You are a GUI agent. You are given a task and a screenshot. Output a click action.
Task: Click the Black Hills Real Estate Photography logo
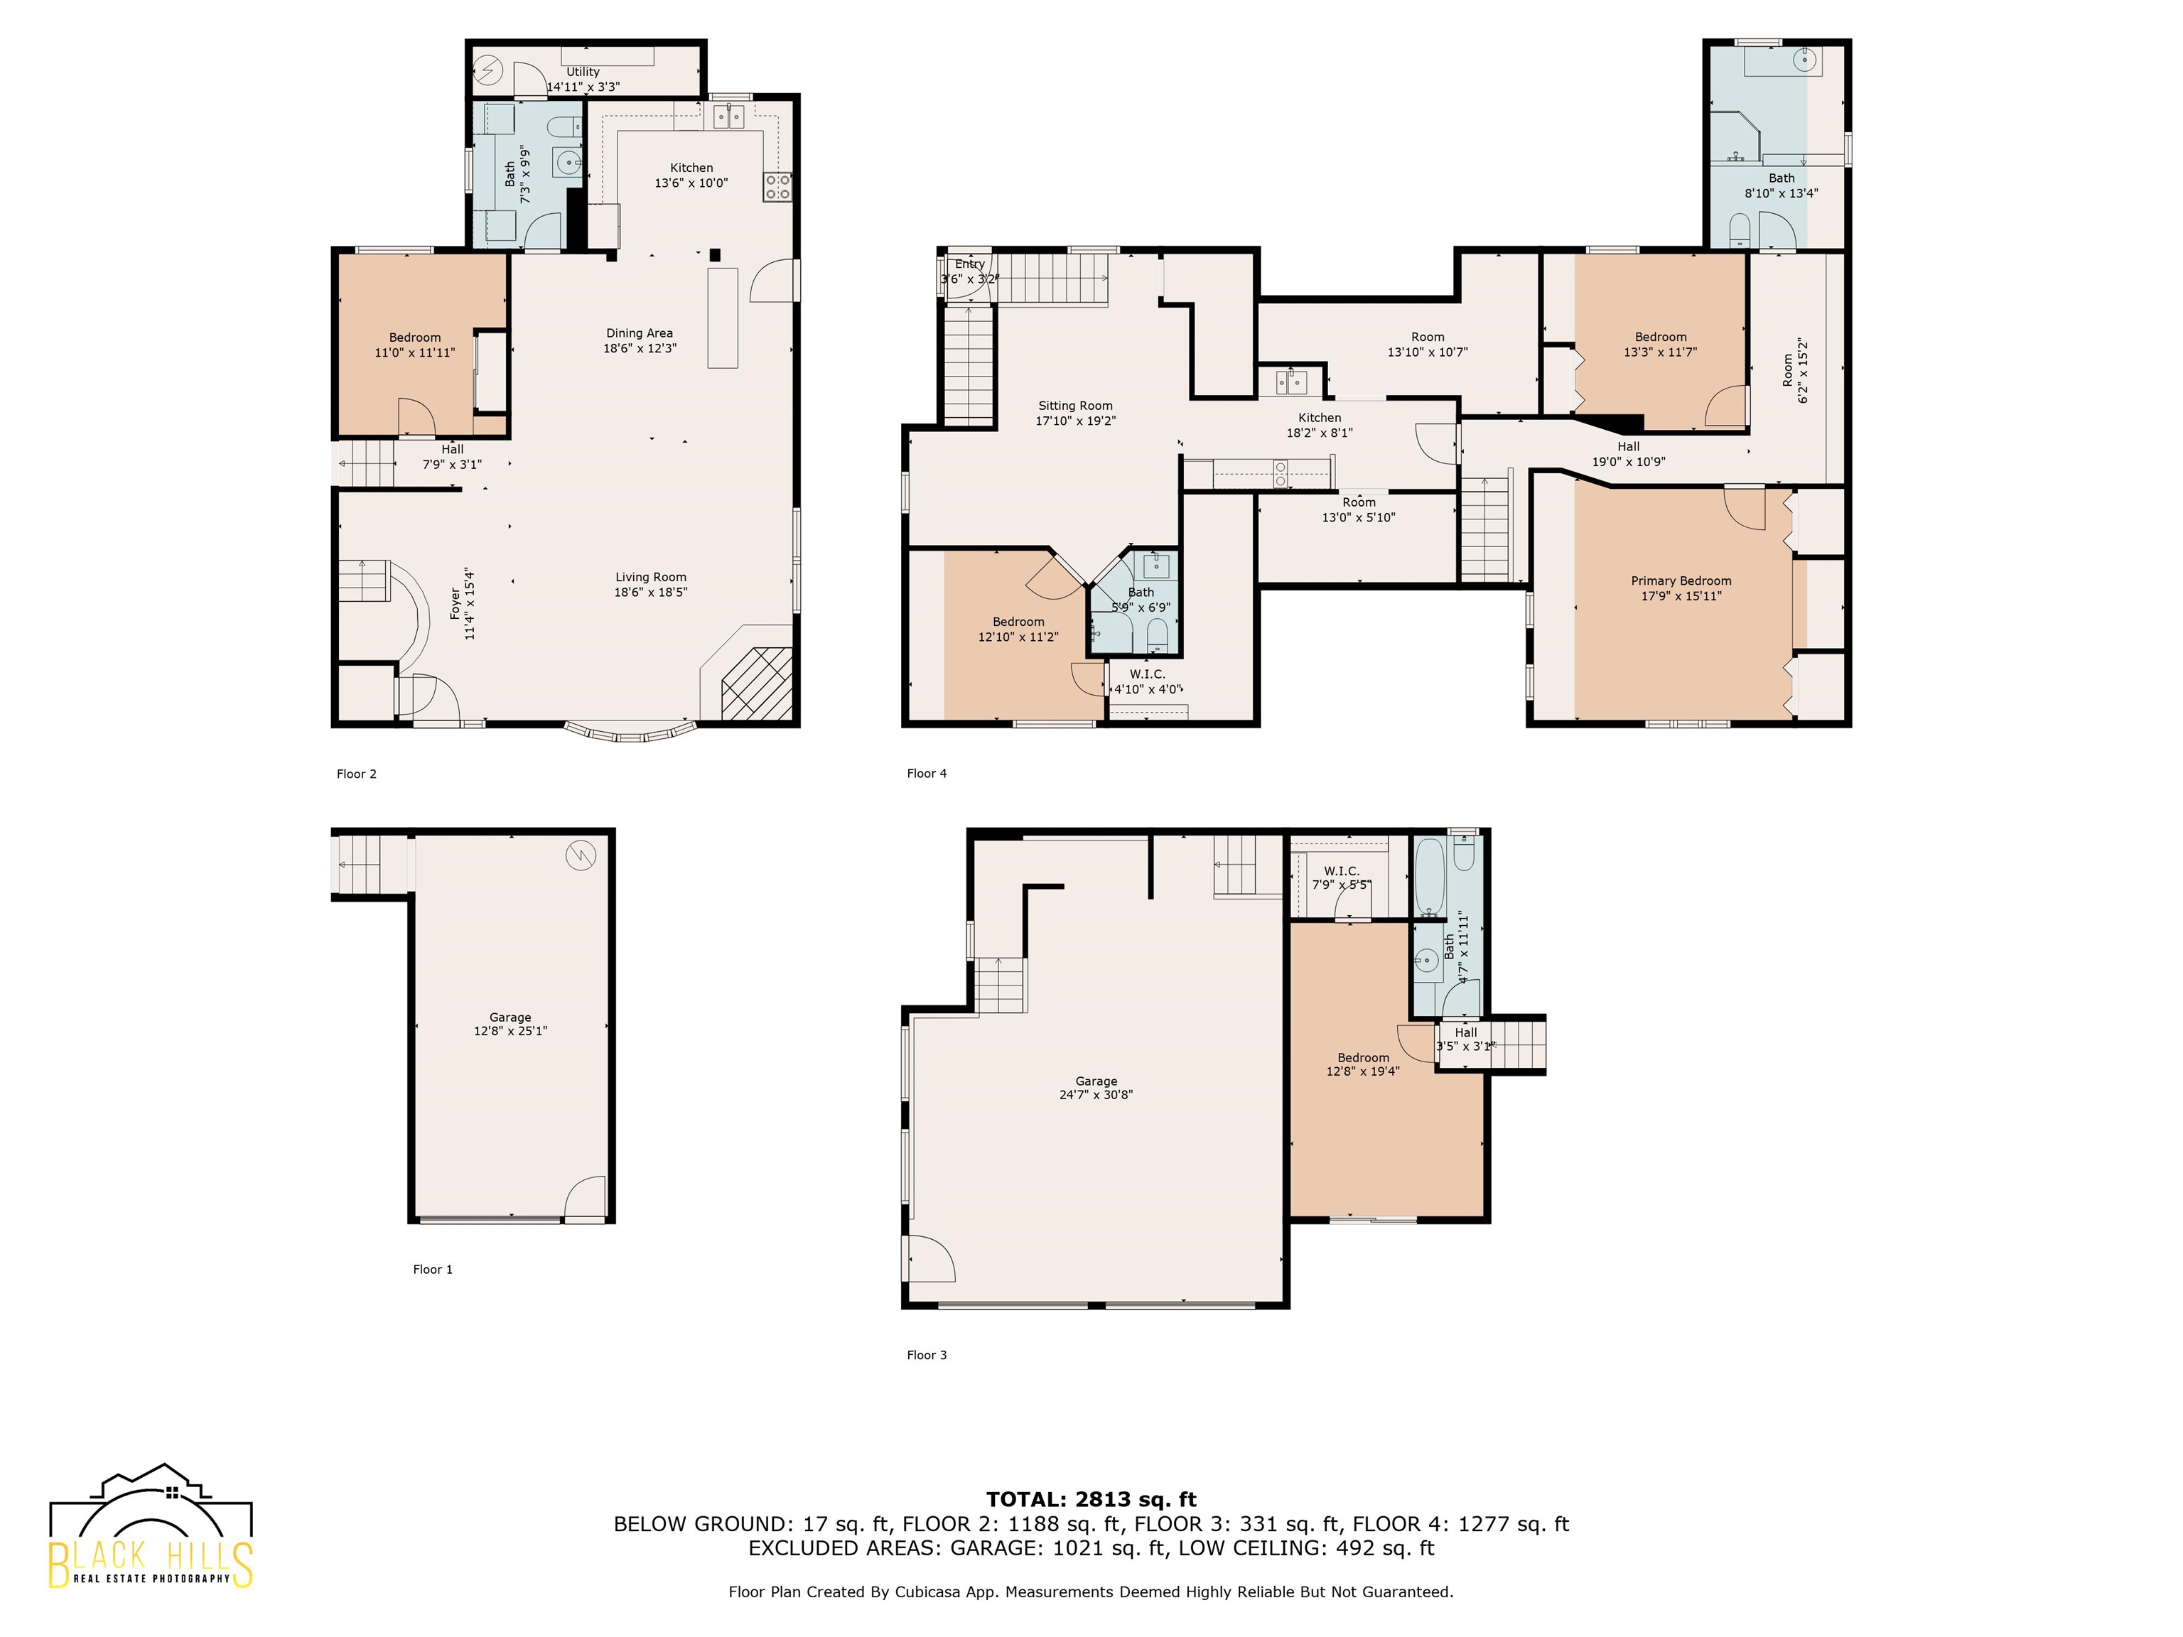coord(151,1525)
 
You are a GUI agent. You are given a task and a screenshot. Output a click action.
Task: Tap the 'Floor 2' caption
coord(356,774)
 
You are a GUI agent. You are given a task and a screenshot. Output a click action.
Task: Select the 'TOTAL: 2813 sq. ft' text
coord(1091,1500)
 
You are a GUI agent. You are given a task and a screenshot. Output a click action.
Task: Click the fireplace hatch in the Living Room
coord(757,683)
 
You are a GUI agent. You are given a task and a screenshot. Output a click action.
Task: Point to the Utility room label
coord(583,79)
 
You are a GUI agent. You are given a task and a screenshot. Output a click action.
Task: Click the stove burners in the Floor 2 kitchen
coord(777,186)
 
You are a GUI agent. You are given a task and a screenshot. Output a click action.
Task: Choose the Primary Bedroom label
coord(1681,588)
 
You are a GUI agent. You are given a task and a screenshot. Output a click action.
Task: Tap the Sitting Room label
coord(1074,413)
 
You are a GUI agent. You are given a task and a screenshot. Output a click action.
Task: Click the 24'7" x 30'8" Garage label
coord(1096,1087)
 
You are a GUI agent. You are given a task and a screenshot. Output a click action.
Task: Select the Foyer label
coord(463,604)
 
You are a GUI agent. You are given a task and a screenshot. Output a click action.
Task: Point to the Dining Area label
coord(640,340)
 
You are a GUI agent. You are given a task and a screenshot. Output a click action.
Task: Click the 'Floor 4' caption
coord(927,774)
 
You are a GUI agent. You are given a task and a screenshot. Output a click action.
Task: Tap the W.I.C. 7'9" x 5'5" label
coord(1341,877)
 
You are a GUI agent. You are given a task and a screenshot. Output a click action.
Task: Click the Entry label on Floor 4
coord(970,271)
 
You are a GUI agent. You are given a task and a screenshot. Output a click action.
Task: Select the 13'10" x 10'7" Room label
coord(1427,345)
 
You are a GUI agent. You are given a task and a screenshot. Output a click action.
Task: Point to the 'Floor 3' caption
coord(927,1355)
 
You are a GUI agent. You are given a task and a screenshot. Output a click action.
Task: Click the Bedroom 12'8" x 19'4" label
coord(1363,1064)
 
